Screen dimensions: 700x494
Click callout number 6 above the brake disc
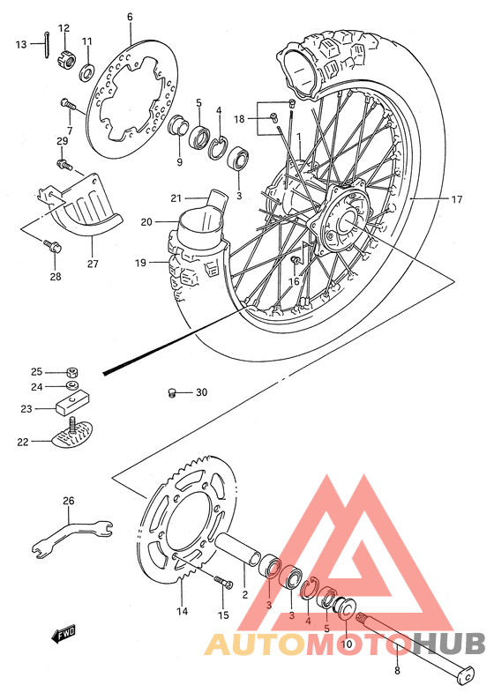coord(129,17)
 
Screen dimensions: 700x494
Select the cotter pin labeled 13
coord(44,45)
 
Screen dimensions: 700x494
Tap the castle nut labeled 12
coord(64,59)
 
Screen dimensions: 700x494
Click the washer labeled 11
coord(87,70)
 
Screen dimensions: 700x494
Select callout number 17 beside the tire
coord(457,199)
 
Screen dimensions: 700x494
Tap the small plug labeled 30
coord(175,392)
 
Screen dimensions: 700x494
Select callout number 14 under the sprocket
coord(182,611)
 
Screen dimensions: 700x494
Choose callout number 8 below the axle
coord(397,672)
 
